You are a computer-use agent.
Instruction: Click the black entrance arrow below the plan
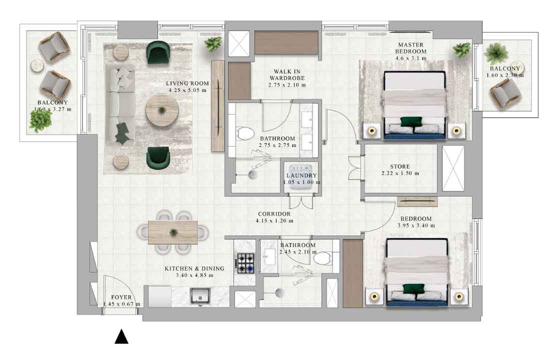121,336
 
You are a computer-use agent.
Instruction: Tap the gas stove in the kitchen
246,263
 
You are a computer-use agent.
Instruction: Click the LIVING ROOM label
187,83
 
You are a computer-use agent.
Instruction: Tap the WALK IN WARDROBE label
287,74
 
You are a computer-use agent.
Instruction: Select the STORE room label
400,166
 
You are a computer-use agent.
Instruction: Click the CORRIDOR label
274,214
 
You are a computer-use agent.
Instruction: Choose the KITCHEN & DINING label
194,268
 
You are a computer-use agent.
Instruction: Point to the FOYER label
121,297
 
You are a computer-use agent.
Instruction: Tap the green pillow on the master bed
411,121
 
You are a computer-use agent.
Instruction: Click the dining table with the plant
173,232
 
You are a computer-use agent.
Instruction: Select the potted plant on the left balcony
40,121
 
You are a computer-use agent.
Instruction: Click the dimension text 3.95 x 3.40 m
416,225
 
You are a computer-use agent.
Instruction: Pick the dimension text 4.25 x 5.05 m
187,90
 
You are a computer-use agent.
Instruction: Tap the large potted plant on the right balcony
496,53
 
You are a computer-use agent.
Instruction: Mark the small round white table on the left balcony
37,66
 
